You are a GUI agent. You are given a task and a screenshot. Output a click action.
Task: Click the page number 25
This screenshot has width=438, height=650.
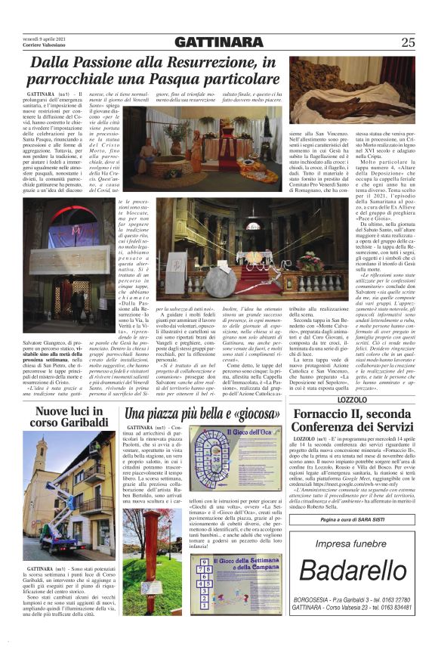pyautogui.click(x=408, y=42)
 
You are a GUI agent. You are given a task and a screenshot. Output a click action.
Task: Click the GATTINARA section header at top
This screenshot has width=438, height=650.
pyautogui.click(x=218, y=42)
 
